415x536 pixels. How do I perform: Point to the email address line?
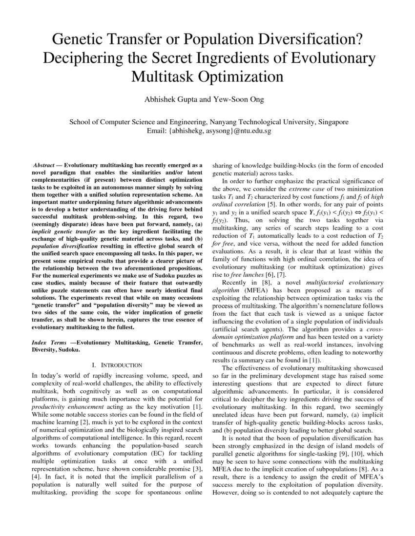[208, 131]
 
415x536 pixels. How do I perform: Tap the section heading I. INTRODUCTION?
[117, 365]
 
